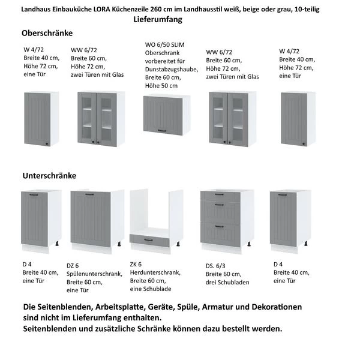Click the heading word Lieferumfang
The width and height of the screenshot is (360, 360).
[x=158, y=19]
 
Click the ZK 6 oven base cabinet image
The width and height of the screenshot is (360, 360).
[x=157, y=220]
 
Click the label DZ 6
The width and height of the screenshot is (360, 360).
[x=73, y=265]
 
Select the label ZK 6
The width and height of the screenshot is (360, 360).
[x=136, y=265]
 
